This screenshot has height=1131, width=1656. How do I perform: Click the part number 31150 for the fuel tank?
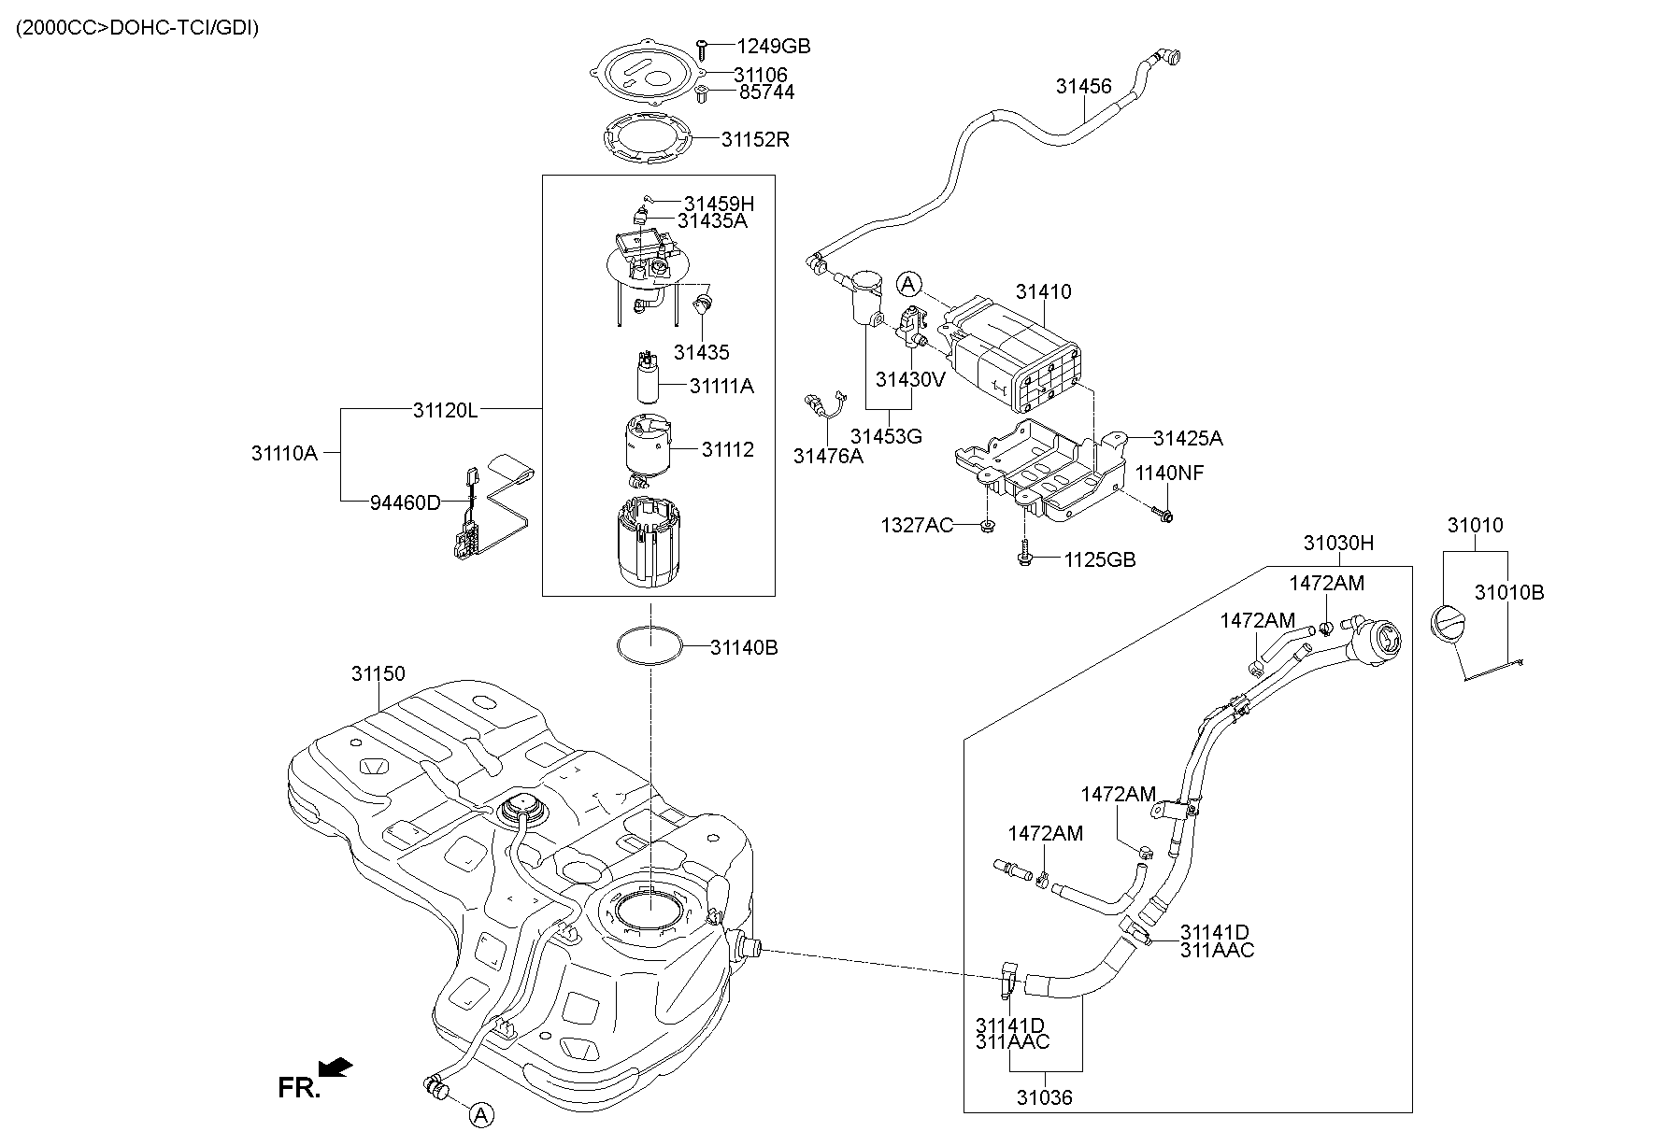(378, 673)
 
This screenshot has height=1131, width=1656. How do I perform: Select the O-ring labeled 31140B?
(650, 645)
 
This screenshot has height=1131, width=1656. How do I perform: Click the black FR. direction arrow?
(335, 1067)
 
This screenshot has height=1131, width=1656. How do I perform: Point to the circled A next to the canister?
(909, 284)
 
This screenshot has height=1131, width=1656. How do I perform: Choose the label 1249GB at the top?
(773, 46)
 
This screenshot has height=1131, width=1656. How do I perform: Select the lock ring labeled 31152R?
(649, 139)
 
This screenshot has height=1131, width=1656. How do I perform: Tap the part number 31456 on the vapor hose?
(1083, 87)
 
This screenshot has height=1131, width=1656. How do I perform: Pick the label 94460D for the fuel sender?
(405, 502)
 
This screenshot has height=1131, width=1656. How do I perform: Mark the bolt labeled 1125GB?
(1023, 558)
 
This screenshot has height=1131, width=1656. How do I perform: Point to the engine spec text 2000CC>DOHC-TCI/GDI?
(137, 28)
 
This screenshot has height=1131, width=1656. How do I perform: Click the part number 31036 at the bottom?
(1045, 1097)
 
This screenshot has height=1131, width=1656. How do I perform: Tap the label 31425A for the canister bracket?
(1187, 439)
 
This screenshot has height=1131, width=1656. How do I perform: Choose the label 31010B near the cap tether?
(1509, 592)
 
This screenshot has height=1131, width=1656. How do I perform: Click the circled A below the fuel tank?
(479, 1114)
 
